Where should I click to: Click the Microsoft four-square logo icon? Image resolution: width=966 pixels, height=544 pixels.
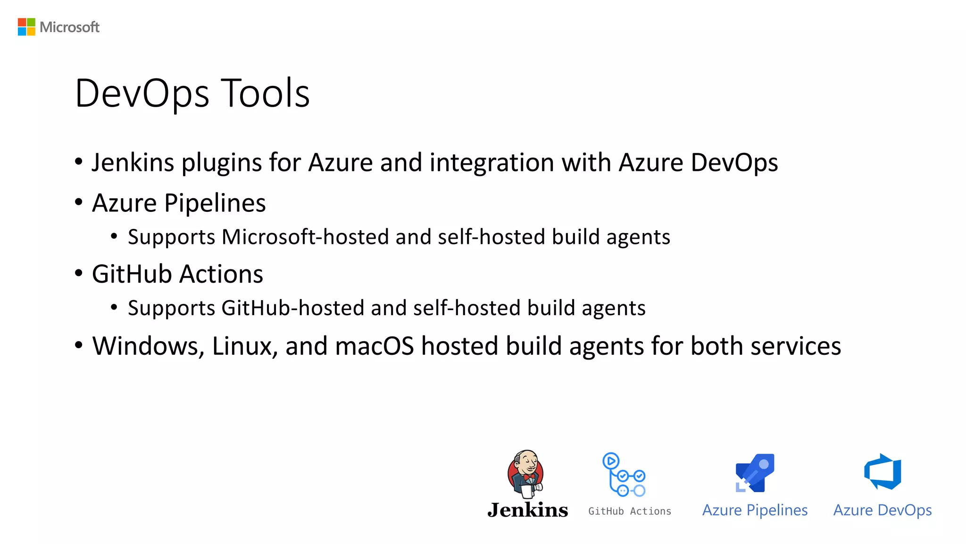tap(26, 27)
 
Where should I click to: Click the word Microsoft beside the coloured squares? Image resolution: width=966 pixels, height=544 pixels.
tap(69, 27)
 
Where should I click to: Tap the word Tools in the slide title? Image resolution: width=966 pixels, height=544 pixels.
tap(266, 93)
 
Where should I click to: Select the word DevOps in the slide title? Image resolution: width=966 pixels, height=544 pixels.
tap(142, 93)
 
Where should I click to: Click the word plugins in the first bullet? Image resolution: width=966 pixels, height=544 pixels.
tap(222, 163)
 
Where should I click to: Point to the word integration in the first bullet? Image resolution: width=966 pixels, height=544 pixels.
tap(491, 163)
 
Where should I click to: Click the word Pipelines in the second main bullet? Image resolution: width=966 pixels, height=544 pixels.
tap(215, 203)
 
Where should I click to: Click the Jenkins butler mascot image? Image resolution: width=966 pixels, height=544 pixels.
tap(526, 473)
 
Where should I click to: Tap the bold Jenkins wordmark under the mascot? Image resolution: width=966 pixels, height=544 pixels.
tap(528, 510)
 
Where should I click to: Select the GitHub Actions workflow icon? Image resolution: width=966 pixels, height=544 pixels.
tap(624, 474)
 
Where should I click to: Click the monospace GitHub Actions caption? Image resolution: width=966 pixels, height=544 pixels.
tap(630, 511)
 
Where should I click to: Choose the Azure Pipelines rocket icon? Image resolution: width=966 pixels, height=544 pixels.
tap(755, 473)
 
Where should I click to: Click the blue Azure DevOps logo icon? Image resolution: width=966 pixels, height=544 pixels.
tap(883, 472)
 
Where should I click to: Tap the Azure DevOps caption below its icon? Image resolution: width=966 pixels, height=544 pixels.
tap(883, 510)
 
